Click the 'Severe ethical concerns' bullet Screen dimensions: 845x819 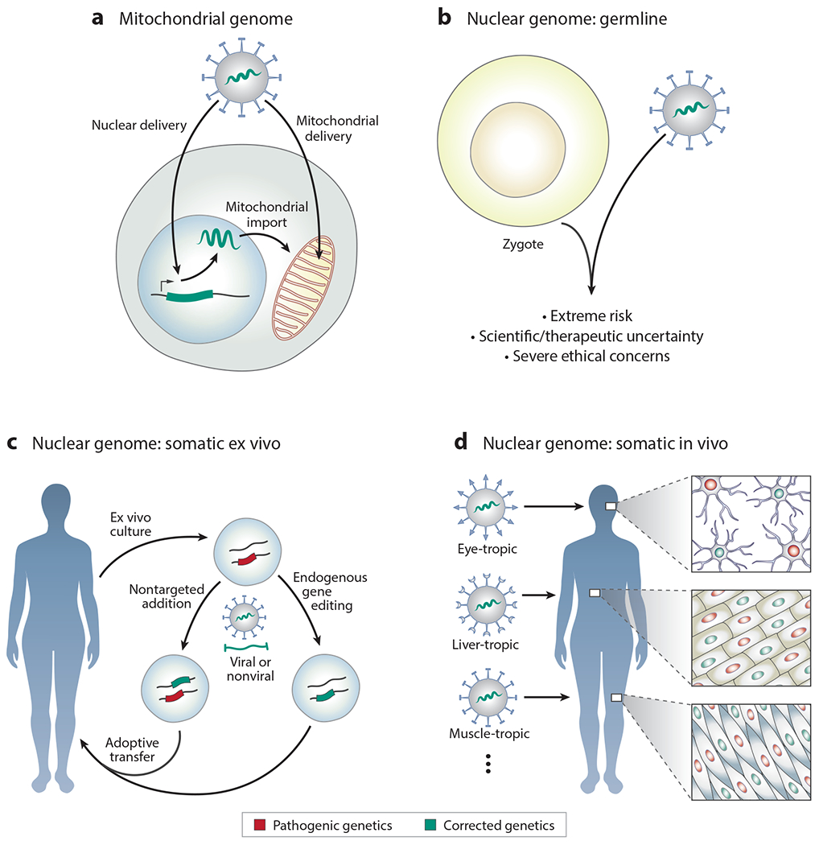tap(595, 355)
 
